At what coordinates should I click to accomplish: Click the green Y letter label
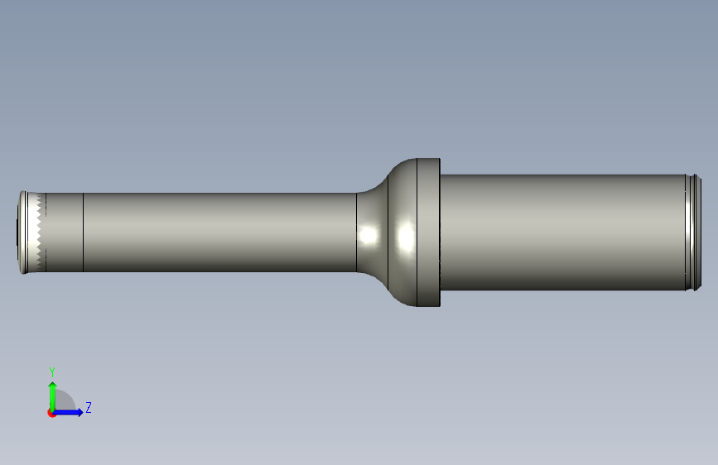point(52,372)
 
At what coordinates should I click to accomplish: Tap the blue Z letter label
point(89,407)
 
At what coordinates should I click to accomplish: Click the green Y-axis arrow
point(53,396)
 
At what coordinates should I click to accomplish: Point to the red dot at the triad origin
point(51,413)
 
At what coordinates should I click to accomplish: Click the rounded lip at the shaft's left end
point(22,232)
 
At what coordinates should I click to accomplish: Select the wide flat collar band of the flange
point(428,232)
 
